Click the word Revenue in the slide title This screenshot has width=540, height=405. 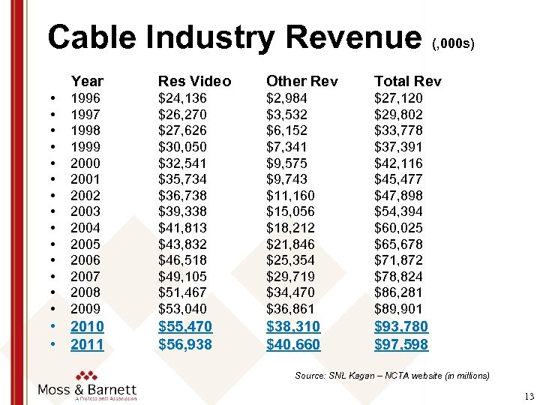[x=351, y=37]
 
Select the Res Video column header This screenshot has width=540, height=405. [x=194, y=81]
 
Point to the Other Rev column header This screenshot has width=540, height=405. [x=302, y=81]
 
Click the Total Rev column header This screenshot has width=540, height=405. [x=408, y=81]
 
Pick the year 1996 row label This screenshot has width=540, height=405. [x=85, y=98]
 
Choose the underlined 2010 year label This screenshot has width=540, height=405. [x=87, y=327]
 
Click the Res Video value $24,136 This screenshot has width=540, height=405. [x=182, y=98]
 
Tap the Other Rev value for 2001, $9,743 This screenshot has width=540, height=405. [x=287, y=179]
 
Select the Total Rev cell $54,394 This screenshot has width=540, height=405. [x=398, y=211]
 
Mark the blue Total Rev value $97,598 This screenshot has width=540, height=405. [x=401, y=345]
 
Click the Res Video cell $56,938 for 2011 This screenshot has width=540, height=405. [x=185, y=345]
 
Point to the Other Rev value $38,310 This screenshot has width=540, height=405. [x=293, y=327]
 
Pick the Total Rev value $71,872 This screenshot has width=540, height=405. [x=398, y=260]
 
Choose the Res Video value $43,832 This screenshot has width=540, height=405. [x=182, y=244]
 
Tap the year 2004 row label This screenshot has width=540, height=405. [x=85, y=228]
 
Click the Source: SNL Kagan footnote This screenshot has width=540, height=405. [x=392, y=375]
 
